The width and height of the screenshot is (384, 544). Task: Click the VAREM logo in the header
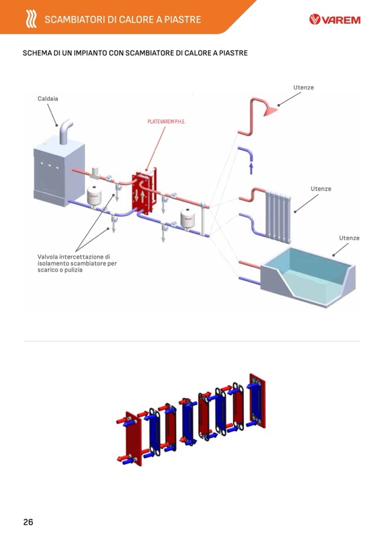click(x=335, y=20)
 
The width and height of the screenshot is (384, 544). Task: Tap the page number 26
click(x=28, y=522)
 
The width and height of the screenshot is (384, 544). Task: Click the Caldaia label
click(x=48, y=99)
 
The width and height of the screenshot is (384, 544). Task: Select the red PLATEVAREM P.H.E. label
click(x=163, y=122)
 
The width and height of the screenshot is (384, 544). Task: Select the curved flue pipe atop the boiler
click(x=66, y=132)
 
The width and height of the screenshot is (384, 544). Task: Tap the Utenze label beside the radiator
click(x=321, y=189)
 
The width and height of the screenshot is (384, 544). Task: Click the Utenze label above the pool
click(x=349, y=238)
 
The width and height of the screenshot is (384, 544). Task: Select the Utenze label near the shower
click(x=304, y=87)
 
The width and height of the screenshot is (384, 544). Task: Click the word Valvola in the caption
click(x=48, y=256)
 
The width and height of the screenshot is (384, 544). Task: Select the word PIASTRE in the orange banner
click(x=184, y=20)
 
